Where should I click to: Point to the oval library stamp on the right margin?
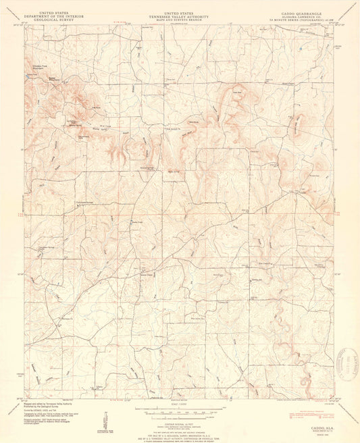click(x=351, y=366)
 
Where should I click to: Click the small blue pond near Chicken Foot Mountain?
click(x=28, y=75)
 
